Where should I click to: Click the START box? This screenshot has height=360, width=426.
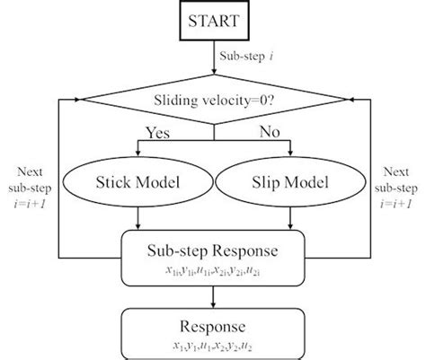pyautogui.click(x=213, y=20)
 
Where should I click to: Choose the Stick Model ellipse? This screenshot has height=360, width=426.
pyautogui.click(x=138, y=183)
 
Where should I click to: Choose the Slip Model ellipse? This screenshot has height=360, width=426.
pyautogui.click(x=288, y=183)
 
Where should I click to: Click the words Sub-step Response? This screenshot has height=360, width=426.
pyautogui.click(x=213, y=250)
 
